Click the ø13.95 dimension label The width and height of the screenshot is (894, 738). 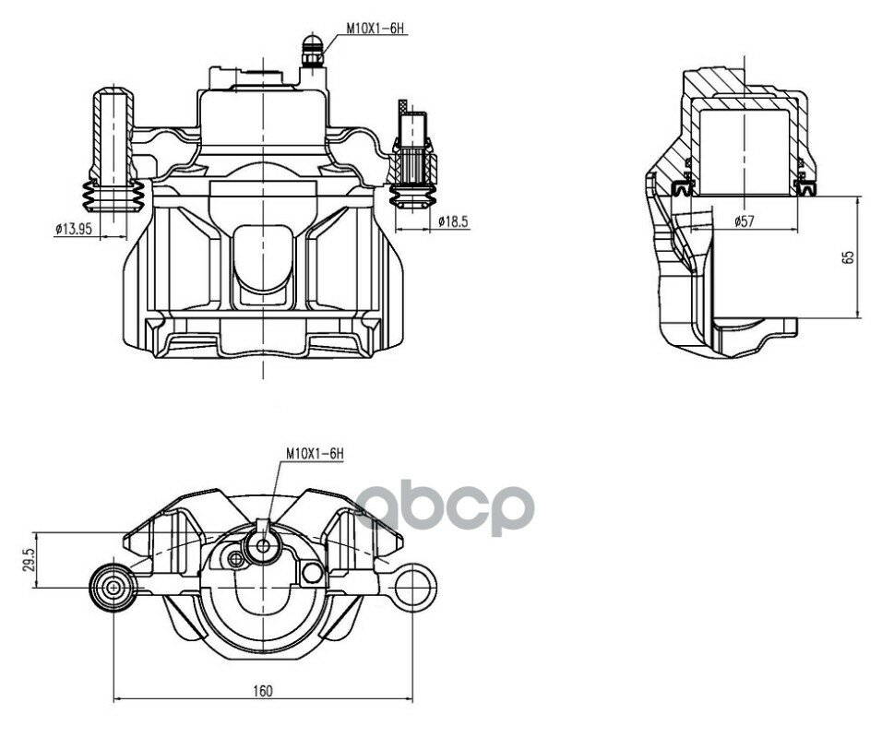(x=73, y=229)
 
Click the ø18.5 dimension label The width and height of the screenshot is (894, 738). (x=453, y=221)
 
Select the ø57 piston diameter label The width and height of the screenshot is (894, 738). (x=744, y=220)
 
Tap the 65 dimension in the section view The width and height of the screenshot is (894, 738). (x=849, y=257)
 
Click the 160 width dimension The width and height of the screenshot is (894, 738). (x=263, y=691)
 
